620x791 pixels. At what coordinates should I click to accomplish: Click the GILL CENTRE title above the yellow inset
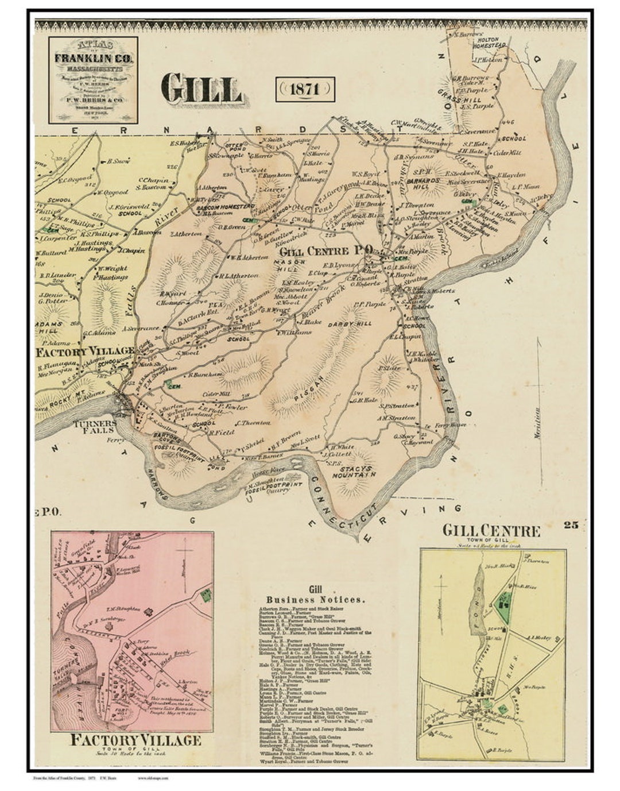tap(491, 530)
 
